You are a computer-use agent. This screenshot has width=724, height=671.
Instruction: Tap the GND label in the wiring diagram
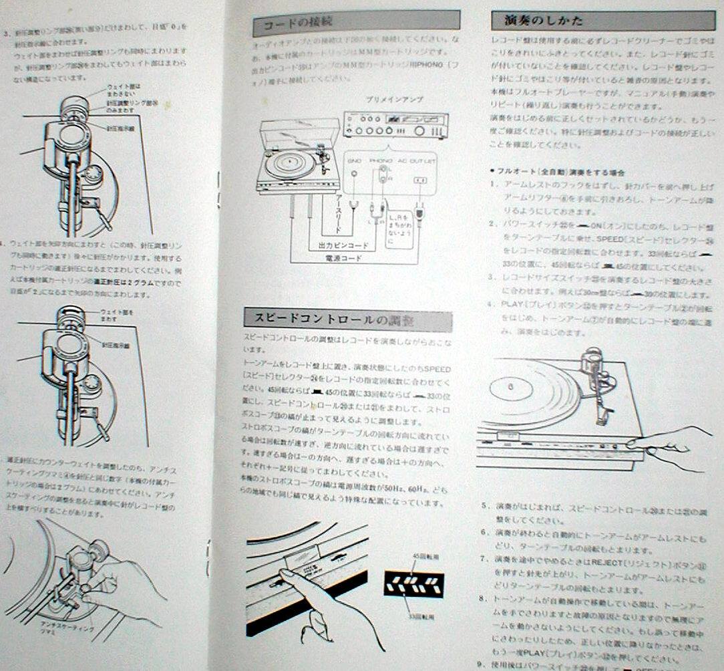point(354,161)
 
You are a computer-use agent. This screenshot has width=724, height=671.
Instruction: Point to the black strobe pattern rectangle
point(414,583)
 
